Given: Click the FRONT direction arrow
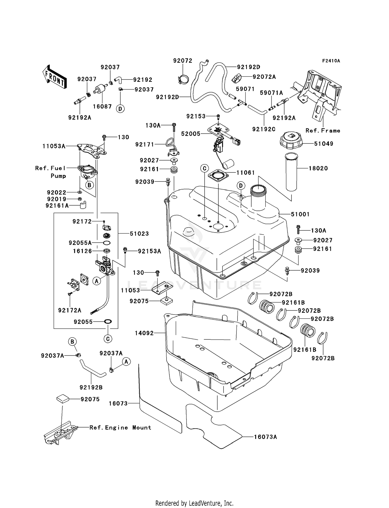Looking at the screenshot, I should point(55,77).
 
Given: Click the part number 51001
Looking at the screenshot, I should point(300,214).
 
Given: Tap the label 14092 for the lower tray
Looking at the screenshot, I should point(144,333).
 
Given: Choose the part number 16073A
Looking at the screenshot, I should point(265,437).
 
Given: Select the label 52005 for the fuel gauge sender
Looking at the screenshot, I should point(191,134).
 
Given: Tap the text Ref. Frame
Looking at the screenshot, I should point(323,131).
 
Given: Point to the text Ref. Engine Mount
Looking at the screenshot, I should point(120,427).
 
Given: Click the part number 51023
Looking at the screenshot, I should point(139,234).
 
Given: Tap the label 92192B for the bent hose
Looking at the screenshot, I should point(91,388).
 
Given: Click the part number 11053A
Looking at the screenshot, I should point(54,146).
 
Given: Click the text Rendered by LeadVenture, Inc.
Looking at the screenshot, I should point(194,503).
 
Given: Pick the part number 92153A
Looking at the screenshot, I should point(149,251).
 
